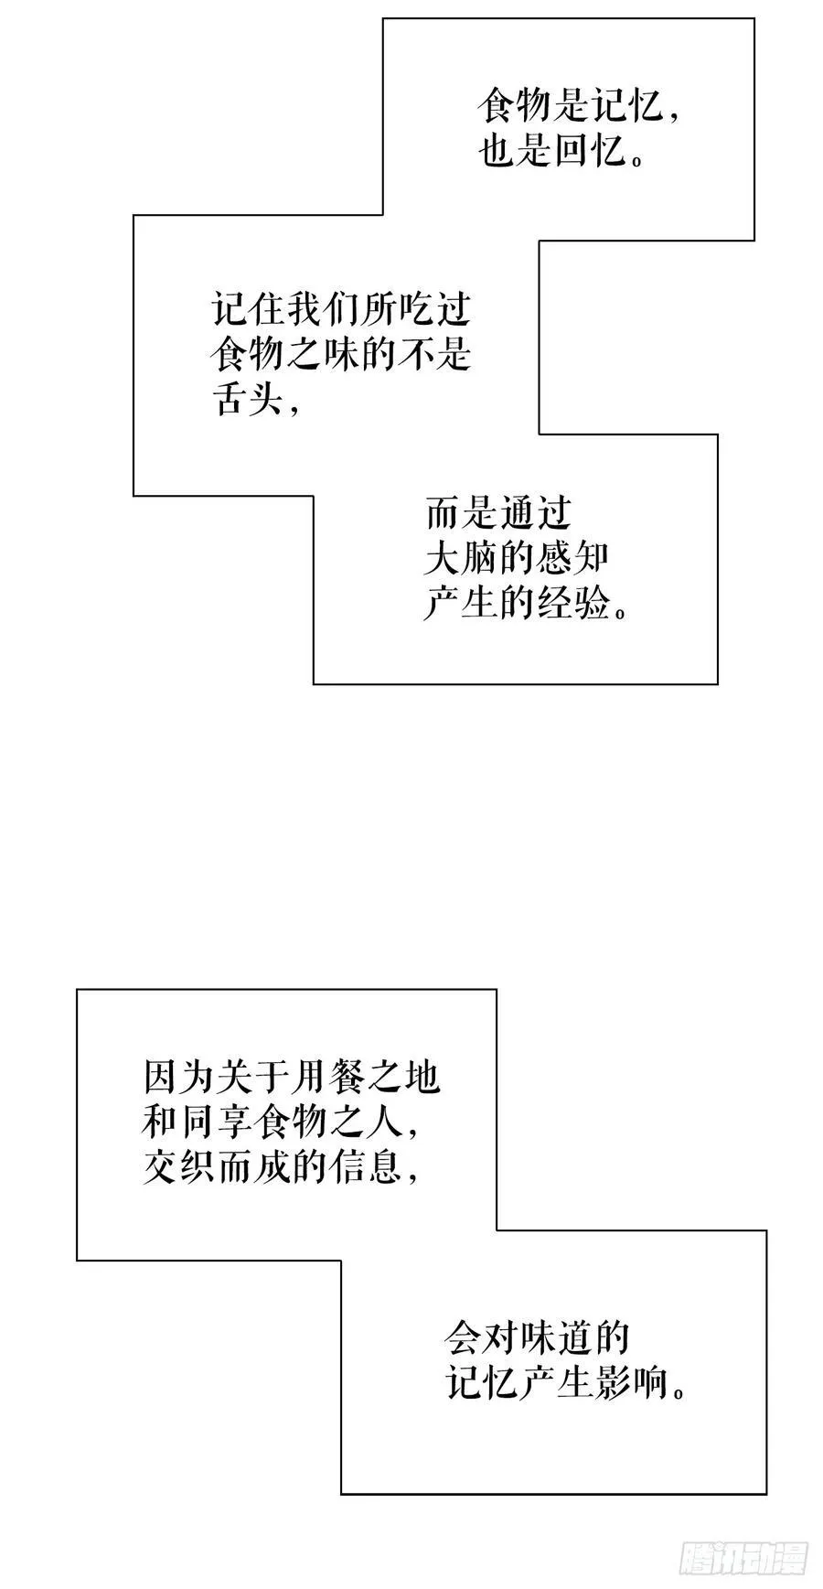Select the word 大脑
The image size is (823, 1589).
coord(462,559)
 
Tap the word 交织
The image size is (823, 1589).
coord(178,1166)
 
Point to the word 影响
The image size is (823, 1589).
coord(632,1383)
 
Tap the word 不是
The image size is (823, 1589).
coord(434,354)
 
